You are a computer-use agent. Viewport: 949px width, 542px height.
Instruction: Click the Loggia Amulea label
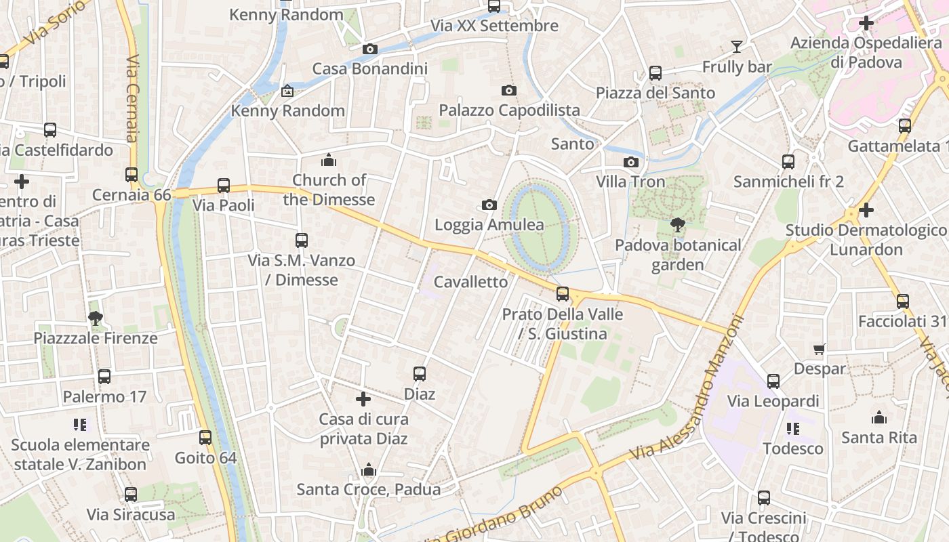pos(489,225)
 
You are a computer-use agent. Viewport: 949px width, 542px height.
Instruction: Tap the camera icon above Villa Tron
pos(631,162)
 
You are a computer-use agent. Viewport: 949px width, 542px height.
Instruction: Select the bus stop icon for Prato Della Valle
pos(562,294)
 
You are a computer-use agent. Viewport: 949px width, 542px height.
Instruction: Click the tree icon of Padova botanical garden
pos(677,225)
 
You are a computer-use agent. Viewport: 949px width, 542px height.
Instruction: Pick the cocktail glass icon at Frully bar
pos(737,47)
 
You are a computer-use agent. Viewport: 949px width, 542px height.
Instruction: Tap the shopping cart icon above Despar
pos(820,349)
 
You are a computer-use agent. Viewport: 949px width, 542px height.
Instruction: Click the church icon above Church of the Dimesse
pos(329,160)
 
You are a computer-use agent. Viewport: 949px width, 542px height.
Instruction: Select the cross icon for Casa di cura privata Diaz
pos(363,399)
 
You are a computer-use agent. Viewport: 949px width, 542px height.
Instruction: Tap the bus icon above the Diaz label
pos(420,374)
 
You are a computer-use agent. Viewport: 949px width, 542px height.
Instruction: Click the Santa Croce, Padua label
pos(369,489)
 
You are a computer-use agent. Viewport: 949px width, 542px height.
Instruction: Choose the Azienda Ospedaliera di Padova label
pos(857,53)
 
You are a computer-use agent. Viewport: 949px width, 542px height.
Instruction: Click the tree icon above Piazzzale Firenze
pos(96,318)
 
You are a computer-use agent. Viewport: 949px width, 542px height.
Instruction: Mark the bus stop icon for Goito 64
pos(205,438)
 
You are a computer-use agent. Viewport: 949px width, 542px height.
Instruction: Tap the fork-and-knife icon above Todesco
pos(792,428)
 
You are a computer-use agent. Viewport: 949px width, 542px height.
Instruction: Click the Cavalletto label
pos(470,282)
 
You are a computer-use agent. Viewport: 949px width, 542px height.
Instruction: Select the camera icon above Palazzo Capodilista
pos(508,90)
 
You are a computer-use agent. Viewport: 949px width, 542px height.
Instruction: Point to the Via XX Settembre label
pos(494,26)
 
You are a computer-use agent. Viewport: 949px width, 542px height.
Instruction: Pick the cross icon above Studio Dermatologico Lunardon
pos(866,210)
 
